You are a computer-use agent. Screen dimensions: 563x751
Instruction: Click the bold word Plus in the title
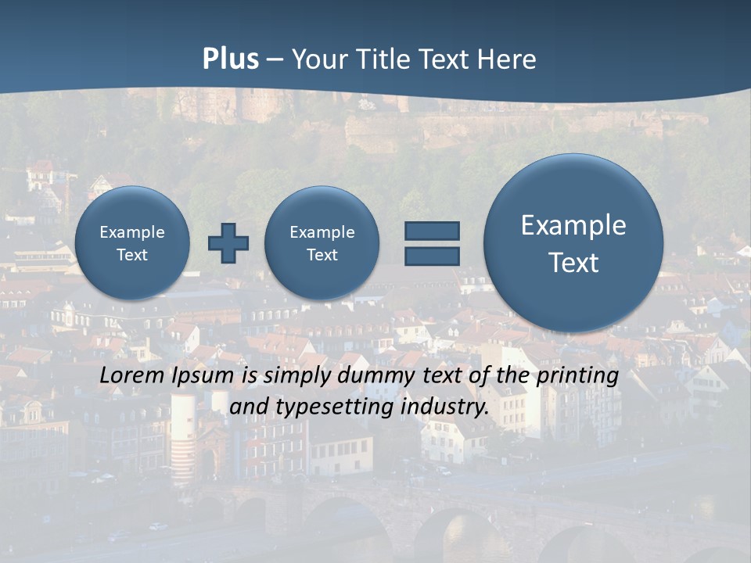(230, 59)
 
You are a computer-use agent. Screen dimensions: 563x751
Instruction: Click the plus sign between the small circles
(228, 243)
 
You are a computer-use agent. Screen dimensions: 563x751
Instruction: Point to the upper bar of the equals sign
(432, 231)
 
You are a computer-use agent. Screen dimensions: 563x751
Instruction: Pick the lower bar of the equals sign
(432, 256)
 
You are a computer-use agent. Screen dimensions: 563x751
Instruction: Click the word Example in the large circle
(573, 226)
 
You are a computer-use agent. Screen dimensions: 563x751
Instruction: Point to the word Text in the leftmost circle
(132, 255)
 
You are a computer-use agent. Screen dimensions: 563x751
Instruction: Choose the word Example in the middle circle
(322, 232)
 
